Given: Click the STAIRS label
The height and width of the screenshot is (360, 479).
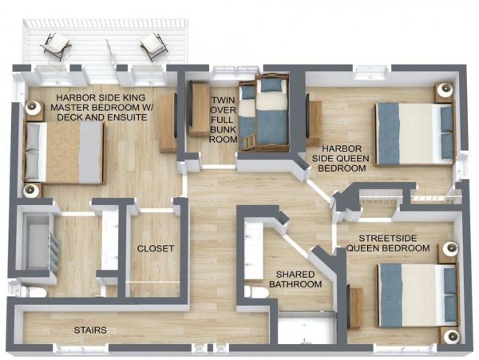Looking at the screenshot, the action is [90, 330].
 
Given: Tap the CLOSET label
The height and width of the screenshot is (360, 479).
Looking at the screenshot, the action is [156, 248].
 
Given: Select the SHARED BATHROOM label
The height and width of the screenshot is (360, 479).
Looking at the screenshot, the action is [295, 279].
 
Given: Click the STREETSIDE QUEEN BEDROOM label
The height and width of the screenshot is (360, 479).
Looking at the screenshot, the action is [388, 243].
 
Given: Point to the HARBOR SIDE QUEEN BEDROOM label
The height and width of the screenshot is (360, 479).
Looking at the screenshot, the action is [342, 159].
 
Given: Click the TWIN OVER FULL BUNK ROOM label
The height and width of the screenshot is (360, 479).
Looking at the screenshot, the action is [224, 120].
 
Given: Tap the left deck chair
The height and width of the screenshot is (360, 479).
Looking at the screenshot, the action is [55, 46].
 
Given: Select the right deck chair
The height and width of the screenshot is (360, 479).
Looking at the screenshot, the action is [154, 47].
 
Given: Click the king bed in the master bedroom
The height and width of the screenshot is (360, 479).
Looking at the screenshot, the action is [64, 152].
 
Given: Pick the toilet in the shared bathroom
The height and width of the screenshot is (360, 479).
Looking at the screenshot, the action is [257, 292].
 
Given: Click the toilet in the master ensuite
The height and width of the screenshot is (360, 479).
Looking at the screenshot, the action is [34, 292].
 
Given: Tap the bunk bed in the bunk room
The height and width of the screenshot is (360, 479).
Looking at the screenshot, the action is [263, 113].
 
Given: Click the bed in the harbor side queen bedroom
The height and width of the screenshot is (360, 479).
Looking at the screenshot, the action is [414, 134].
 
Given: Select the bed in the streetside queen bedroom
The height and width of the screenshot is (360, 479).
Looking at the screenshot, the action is [418, 295].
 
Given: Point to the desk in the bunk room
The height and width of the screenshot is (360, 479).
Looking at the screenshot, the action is [199, 109].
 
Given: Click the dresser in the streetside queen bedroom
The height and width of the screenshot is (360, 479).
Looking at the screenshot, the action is [355, 308].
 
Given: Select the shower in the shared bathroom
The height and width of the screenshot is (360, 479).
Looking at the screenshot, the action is [307, 327].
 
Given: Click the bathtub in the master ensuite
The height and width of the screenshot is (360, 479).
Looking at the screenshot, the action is [38, 241].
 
